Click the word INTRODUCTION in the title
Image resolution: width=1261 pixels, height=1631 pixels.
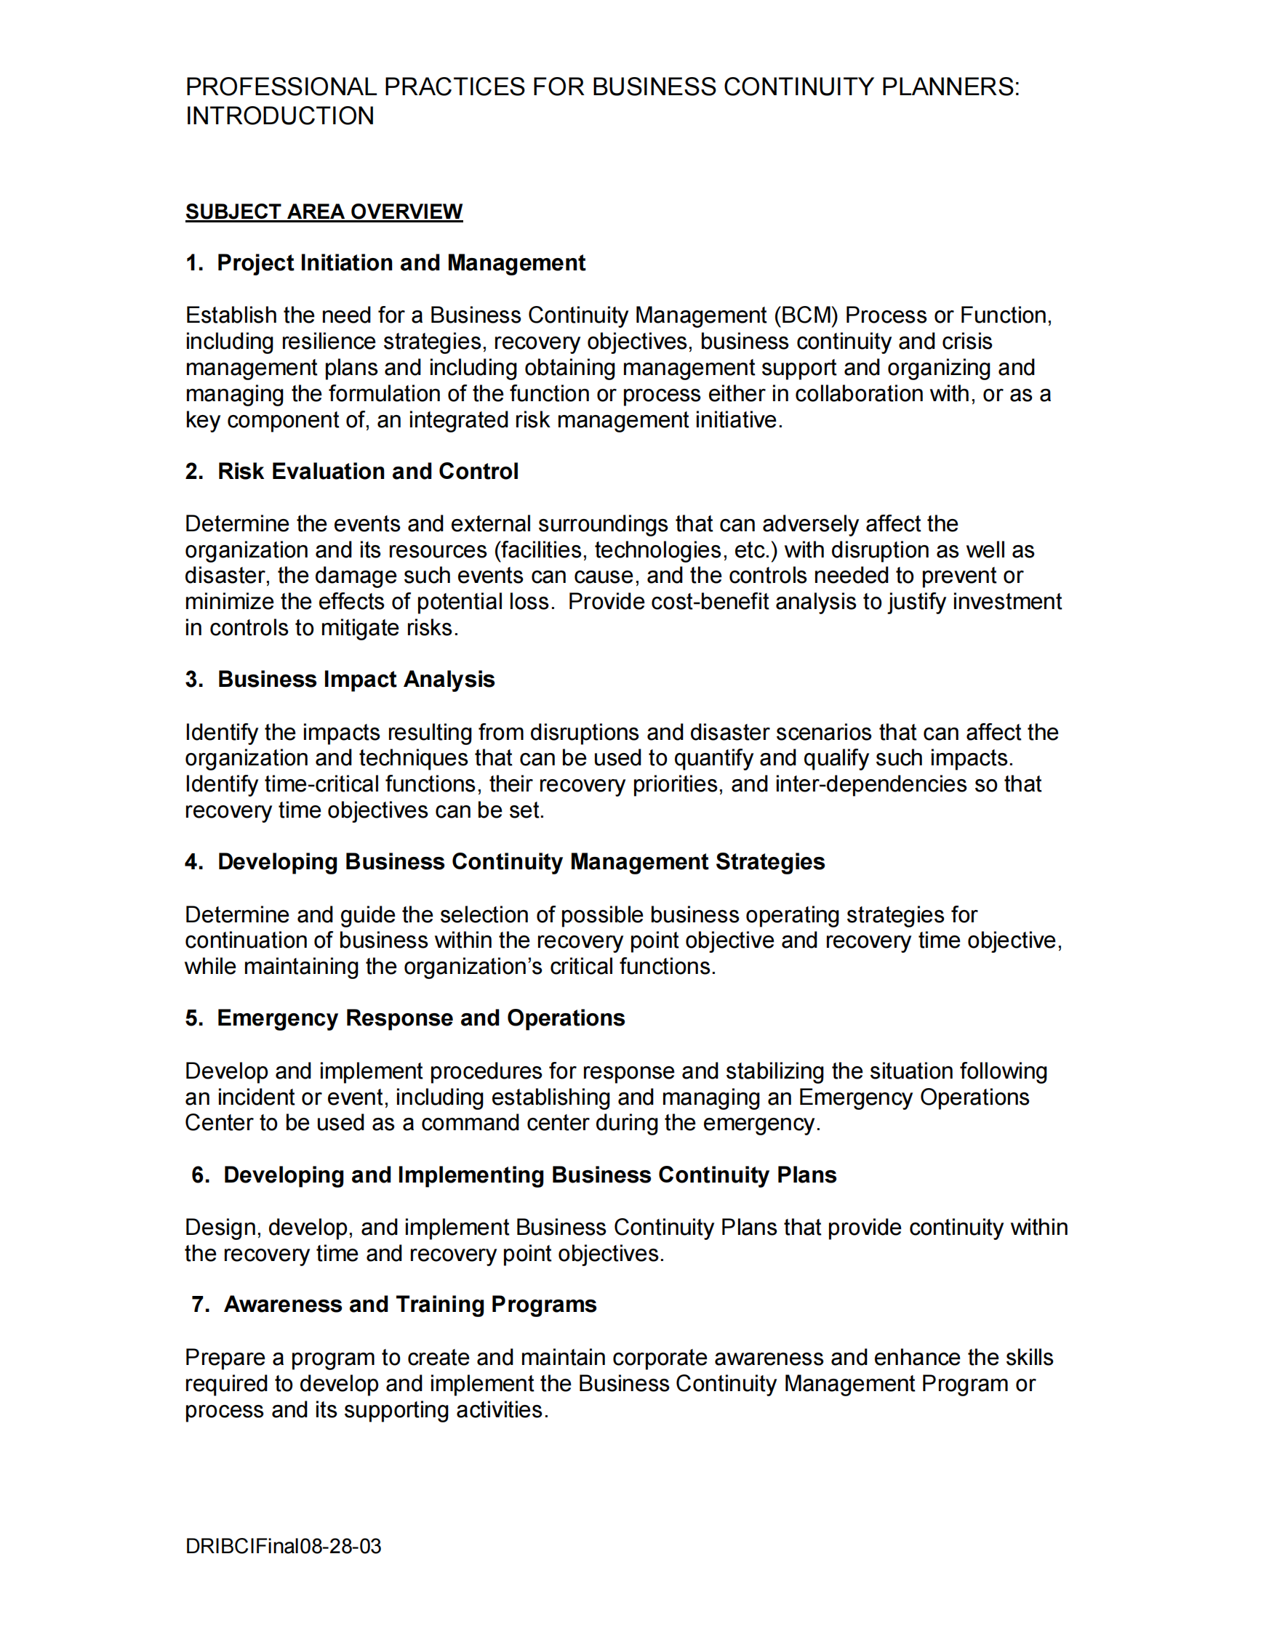pos(279,116)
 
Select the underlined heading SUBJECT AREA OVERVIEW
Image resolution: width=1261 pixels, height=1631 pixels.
pos(324,212)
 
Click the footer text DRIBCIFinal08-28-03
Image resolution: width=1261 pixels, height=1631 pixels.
pos(283,1546)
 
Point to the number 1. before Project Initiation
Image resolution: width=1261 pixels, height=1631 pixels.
pos(194,263)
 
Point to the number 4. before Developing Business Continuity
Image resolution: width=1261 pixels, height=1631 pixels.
pos(194,862)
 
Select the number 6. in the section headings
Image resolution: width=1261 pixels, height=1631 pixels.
pos(200,1175)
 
